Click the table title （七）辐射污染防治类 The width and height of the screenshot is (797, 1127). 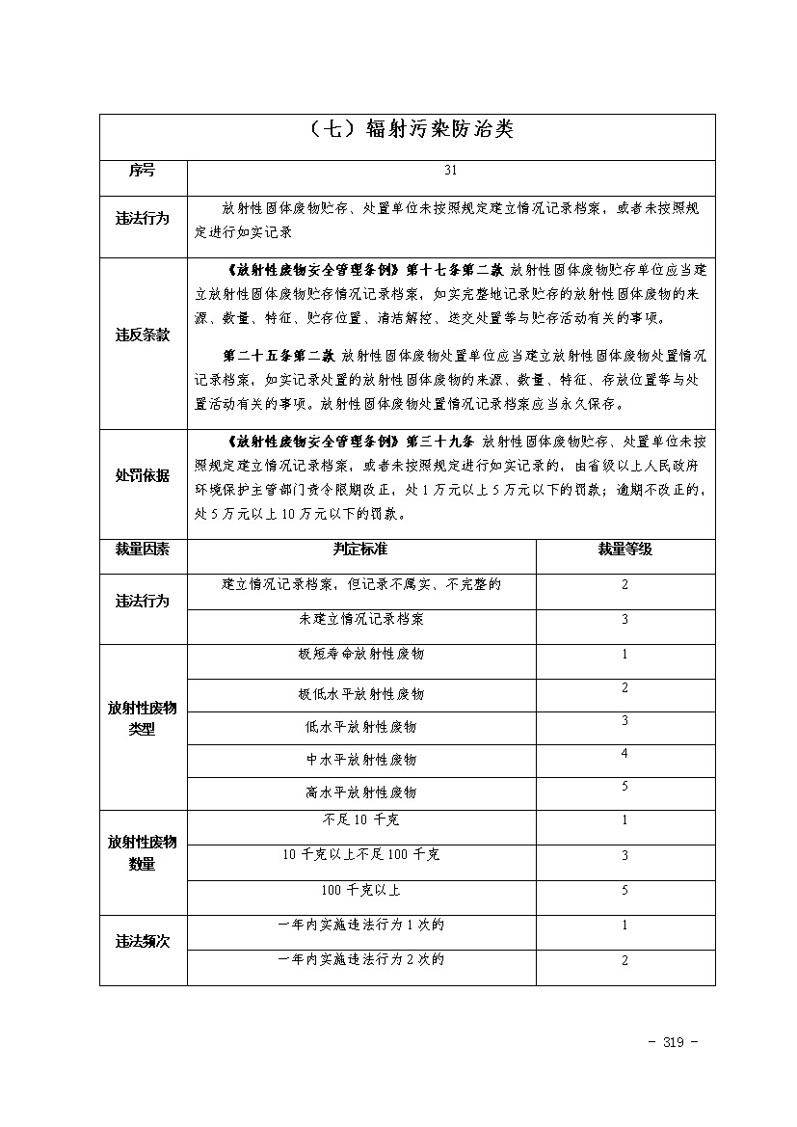point(407,130)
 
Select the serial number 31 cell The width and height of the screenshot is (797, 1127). point(451,171)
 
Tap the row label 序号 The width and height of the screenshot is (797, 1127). point(142,171)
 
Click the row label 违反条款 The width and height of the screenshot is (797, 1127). point(142,335)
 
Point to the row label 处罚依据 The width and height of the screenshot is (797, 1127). point(142,475)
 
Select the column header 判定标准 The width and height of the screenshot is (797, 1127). point(360,549)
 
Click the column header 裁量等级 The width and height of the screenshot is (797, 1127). point(624,549)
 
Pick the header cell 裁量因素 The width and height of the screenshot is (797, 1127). point(142,549)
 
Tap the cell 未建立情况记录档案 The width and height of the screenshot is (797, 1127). point(360,619)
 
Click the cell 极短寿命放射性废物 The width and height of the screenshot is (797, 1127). point(360,654)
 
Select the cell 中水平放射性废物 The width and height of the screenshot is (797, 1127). point(360,760)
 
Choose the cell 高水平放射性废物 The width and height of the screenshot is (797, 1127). point(360,792)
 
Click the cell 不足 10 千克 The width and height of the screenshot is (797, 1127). point(360,820)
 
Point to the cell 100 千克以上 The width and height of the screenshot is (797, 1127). point(360,890)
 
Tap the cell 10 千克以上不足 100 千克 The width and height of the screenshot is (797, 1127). point(360,855)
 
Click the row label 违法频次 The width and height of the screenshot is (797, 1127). point(142,942)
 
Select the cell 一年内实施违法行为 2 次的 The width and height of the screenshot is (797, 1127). point(360,960)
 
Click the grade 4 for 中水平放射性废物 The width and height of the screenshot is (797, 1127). point(624,754)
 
